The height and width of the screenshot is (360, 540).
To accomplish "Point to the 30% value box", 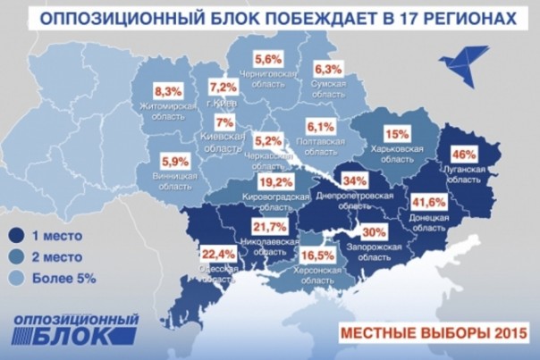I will tap(374, 232).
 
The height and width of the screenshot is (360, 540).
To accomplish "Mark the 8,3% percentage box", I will tap(168, 91).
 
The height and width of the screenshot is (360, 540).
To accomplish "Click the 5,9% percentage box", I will tap(175, 162).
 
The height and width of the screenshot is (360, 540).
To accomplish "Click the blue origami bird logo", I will tap(460, 63).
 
